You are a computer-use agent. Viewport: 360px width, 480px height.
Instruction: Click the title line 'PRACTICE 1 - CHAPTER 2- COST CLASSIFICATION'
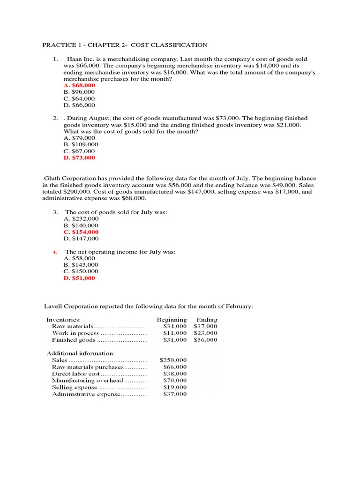(125, 45)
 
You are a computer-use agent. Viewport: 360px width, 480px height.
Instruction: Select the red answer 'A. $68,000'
(79, 85)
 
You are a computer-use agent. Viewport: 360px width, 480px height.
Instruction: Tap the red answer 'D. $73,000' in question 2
(79, 158)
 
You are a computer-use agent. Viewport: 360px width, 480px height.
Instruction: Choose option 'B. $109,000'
(81, 145)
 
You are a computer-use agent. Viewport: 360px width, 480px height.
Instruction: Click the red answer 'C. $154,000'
(81, 232)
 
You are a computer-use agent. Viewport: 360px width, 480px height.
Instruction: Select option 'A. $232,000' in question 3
(81, 219)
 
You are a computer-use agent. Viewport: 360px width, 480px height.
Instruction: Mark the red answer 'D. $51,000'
(79, 278)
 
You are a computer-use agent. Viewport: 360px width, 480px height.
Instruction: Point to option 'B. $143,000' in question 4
(81, 265)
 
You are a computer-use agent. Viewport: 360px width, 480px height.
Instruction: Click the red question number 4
(55, 252)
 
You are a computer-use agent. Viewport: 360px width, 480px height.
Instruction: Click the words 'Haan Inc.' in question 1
(80, 59)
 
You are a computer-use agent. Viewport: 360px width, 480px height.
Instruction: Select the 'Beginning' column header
(172, 320)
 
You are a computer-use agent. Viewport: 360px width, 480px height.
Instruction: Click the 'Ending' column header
(207, 320)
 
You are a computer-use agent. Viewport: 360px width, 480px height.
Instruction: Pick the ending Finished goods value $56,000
(205, 340)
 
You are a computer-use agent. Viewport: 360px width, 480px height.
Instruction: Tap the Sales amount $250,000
(173, 360)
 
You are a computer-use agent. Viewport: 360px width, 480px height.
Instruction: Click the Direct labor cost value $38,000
(175, 374)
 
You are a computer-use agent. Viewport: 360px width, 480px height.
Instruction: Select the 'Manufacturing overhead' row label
(83, 381)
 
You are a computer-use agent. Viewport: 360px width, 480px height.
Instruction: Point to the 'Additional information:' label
(80, 353)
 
